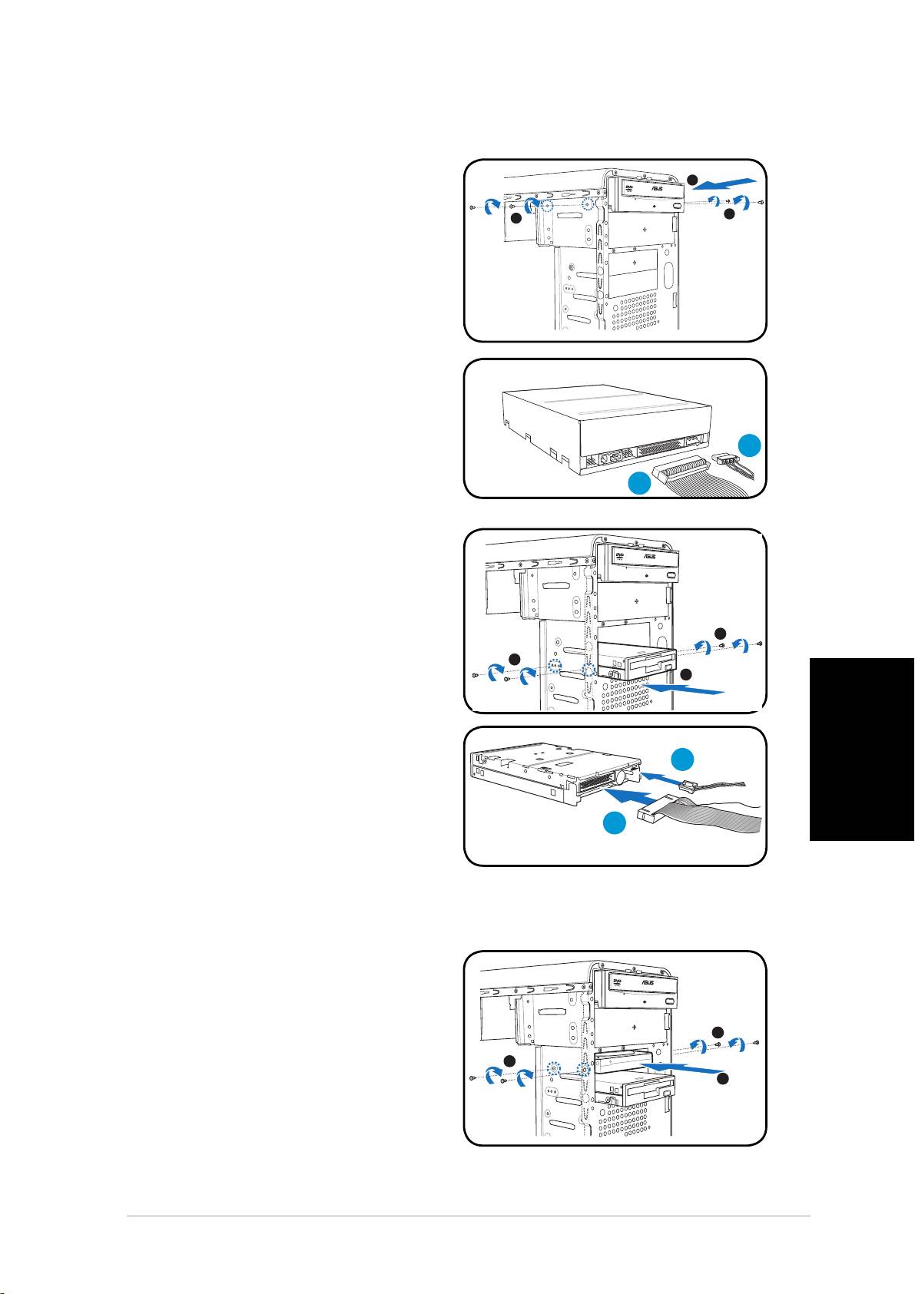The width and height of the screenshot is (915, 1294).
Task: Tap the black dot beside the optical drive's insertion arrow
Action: click(692, 180)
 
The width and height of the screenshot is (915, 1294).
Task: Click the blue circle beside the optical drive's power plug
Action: click(751, 447)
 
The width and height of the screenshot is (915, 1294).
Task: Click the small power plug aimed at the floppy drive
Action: click(689, 784)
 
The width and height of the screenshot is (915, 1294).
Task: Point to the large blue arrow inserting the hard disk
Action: click(684, 1067)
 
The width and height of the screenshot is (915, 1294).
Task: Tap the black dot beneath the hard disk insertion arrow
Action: click(721, 1080)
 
